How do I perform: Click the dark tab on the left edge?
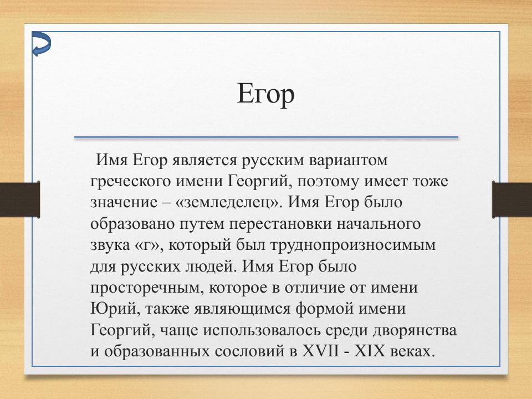[x=19, y=199]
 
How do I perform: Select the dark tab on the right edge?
[x=511, y=199]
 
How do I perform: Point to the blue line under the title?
[x=266, y=137]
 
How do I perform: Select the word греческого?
[x=131, y=182]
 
